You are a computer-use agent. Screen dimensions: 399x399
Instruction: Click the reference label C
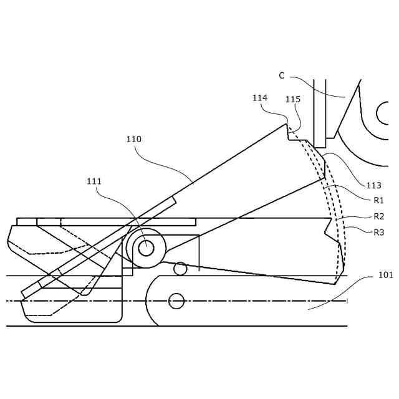[x=282, y=76]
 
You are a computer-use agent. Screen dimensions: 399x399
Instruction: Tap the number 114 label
[x=260, y=98]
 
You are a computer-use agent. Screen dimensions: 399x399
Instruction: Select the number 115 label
[x=292, y=100]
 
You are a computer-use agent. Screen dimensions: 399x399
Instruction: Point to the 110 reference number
[x=133, y=140]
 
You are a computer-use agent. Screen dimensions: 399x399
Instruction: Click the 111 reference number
[x=94, y=181]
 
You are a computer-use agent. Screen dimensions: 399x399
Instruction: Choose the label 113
[x=373, y=185]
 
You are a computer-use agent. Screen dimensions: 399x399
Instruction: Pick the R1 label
[x=378, y=200]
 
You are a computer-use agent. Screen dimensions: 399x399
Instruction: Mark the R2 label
[x=378, y=217]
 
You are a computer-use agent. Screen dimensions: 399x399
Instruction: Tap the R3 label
[x=378, y=233]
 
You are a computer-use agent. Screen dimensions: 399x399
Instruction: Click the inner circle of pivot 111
[x=146, y=248]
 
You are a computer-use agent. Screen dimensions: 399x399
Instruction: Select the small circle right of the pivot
[x=180, y=269]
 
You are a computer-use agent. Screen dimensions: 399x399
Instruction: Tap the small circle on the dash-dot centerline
[x=176, y=301]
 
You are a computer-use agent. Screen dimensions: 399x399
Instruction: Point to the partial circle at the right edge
[x=382, y=113]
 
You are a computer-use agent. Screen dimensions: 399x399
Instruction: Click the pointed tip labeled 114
[x=287, y=124]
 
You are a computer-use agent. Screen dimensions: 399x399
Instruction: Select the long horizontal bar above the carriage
[x=106, y=221]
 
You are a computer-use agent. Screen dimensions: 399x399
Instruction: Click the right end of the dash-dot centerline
[x=346, y=301]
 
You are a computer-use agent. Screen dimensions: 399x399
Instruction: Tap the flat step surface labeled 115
[x=298, y=140]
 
